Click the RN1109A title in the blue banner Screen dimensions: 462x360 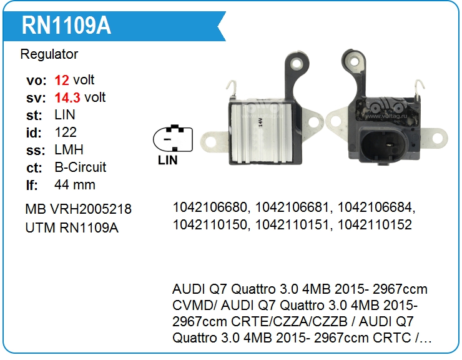(66, 26)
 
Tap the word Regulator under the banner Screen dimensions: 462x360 (49, 54)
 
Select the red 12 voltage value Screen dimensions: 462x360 (62, 80)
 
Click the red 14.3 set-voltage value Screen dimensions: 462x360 (67, 97)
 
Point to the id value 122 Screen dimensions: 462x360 (66, 132)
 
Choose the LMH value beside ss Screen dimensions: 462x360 (69, 150)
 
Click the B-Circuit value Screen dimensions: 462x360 (80, 167)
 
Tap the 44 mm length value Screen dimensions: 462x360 (75, 185)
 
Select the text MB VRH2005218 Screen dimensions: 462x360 (79, 209)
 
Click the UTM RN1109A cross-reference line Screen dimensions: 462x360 (72, 227)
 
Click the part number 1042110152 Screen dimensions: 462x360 (375, 225)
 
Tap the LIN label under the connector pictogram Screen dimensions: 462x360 (168, 160)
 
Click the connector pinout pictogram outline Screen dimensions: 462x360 (173, 138)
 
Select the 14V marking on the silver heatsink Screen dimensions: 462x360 (260, 122)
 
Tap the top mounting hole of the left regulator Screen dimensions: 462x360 (297, 63)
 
